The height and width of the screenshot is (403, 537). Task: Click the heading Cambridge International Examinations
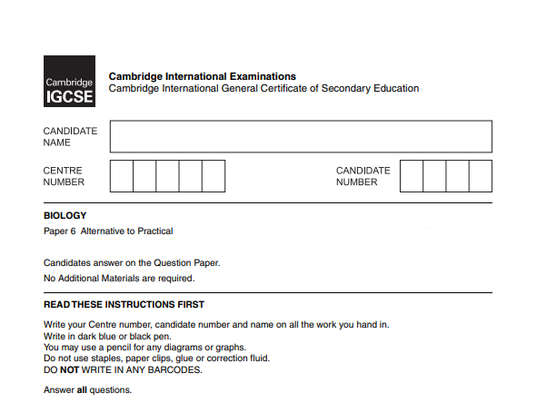click(x=202, y=76)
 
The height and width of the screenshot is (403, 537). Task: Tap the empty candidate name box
click(x=301, y=137)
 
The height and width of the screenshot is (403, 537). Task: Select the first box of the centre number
click(x=122, y=176)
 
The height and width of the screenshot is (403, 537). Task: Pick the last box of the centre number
click(x=214, y=176)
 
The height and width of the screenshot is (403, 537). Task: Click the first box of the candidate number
click(x=412, y=176)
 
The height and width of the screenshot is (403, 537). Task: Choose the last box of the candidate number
click(x=481, y=176)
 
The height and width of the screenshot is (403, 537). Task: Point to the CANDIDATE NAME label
click(x=70, y=137)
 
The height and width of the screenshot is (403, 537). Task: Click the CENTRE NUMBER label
click(x=64, y=176)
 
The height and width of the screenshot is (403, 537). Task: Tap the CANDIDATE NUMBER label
click(x=363, y=176)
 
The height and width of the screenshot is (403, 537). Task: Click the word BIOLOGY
click(x=65, y=216)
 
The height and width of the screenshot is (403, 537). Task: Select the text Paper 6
click(x=60, y=231)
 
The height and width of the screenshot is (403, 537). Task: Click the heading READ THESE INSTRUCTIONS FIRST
click(x=124, y=305)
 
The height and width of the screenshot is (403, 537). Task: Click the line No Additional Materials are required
click(x=119, y=279)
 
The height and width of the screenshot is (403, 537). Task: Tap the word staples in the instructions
click(x=94, y=359)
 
